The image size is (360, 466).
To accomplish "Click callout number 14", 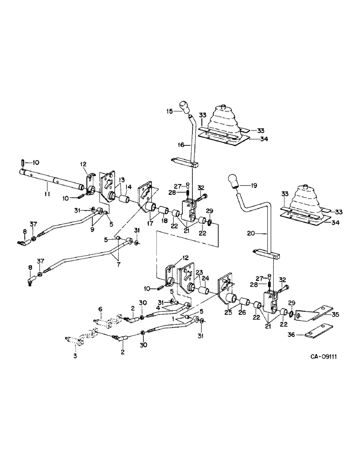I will point(128,187).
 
